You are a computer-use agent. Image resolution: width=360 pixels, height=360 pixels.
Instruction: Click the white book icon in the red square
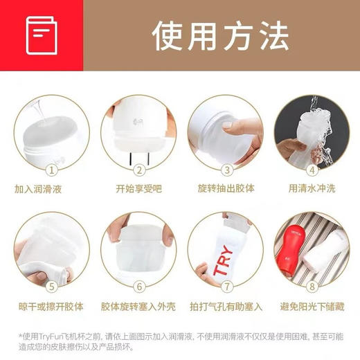[x=42, y=35]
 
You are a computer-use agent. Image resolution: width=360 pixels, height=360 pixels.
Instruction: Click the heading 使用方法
[x=220, y=35]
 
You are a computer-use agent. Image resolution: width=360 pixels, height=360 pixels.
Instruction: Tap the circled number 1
[x=50, y=169]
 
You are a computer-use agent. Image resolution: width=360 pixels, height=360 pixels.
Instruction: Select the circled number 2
[x=139, y=169]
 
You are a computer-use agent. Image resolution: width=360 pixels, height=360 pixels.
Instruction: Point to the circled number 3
[x=226, y=169]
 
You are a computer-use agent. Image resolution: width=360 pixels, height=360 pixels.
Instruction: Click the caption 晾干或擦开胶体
[x=47, y=305]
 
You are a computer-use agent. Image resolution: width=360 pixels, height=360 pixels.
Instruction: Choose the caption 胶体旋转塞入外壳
[x=138, y=305]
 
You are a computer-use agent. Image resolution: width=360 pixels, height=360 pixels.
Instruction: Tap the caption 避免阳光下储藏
[x=311, y=305]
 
